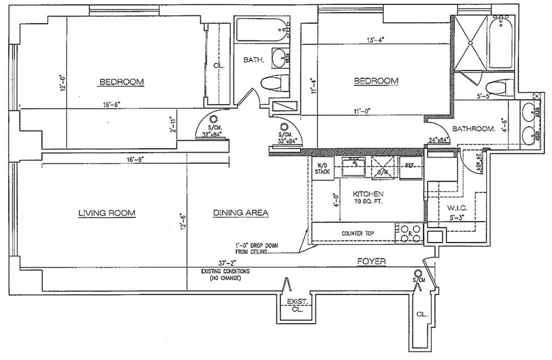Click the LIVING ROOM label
tap(107, 213)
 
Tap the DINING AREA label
tap(240, 213)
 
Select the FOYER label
tap(371, 261)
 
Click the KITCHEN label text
tap(368, 193)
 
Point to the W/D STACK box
tap(322, 168)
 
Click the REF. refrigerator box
tap(410, 167)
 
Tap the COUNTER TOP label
tap(358, 233)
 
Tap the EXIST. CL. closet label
tap(295, 306)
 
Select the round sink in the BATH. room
tap(280, 56)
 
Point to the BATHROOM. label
tap(474, 129)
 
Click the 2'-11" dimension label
tap(173, 124)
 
